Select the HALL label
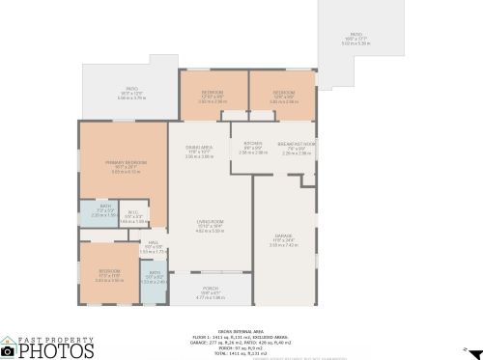[x=153, y=242]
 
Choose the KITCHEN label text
[x=253, y=143]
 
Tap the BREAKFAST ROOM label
[x=298, y=143]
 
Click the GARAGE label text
[x=283, y=237]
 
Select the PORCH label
[x=211, y=289]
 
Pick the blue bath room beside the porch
[x=155, y=277]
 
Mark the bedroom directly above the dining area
[x=212, y=96]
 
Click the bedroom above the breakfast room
[x=282, y=96]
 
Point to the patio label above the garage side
[x=355, y=39]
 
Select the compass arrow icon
[x=465, y=347]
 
